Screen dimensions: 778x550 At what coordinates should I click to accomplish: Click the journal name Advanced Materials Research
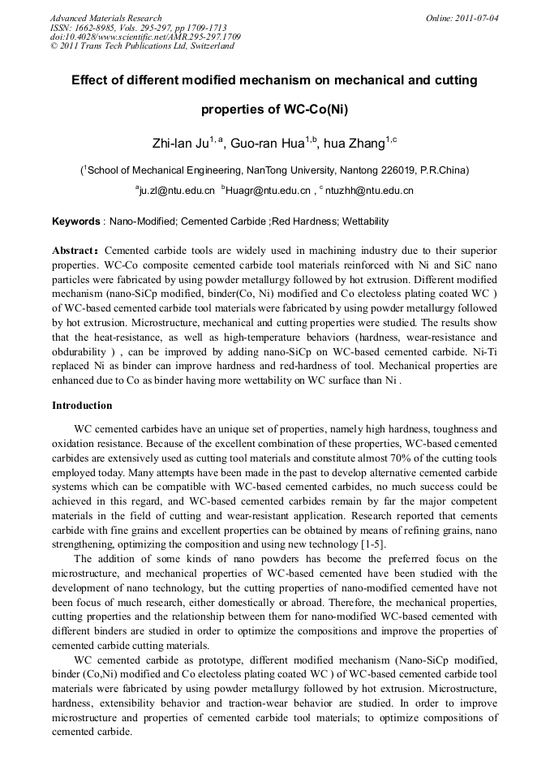105,18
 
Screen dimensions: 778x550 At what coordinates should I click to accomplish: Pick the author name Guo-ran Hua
262,144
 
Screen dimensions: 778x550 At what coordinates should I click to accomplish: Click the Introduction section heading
82,405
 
